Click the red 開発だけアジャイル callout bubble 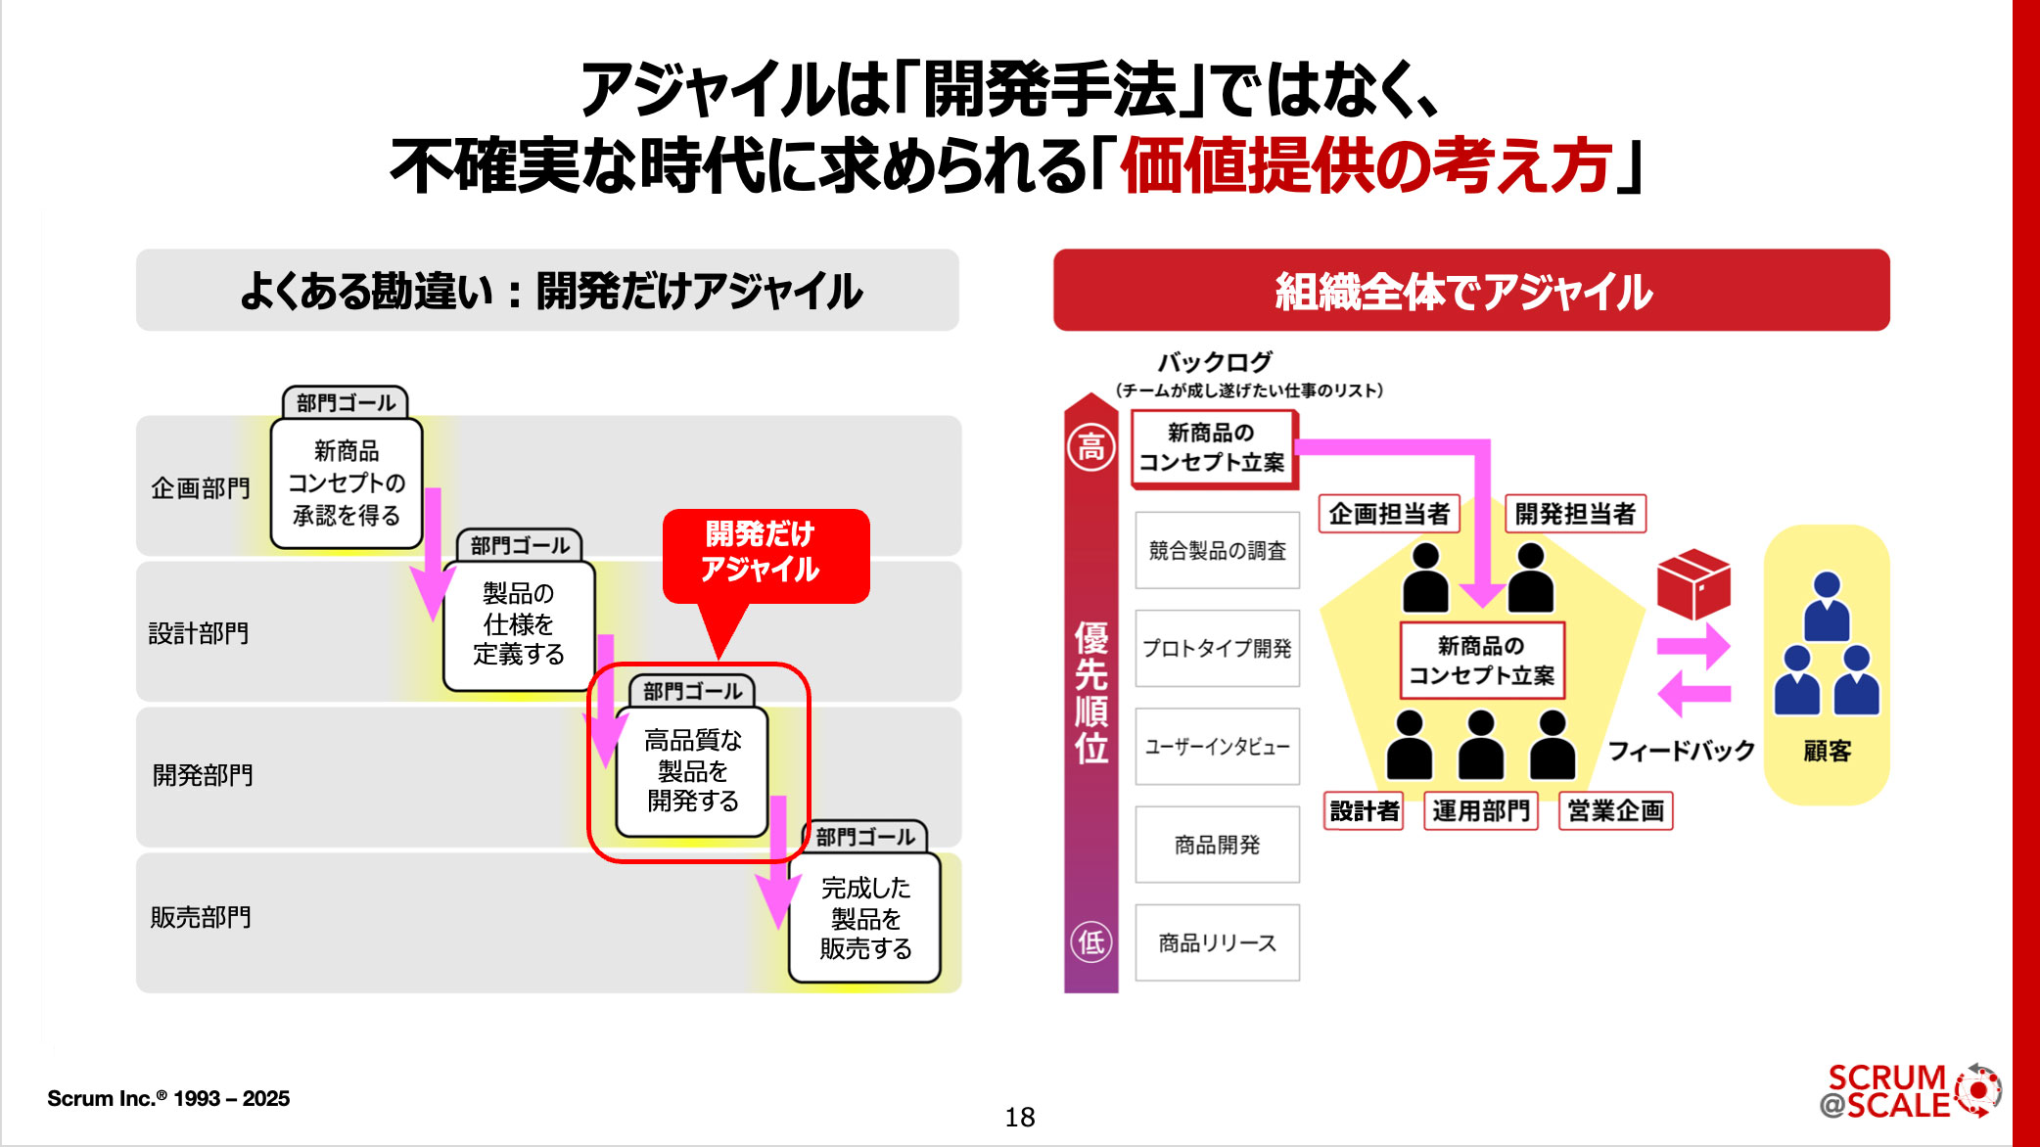(x=765, y=554)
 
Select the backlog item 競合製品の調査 (x=1217, y=550)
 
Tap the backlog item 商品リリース (x=1217, y=942)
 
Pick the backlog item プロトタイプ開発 (x=1217, y=648)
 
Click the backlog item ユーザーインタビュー (x=1217, y=747)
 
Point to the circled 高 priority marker (x=1090, y=448)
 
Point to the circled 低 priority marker (x=1090, y=941)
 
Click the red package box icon (x=1692, y=583)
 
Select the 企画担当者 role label (x=1388, y=514)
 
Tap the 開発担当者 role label (x=1574, y=514)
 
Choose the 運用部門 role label (x=1480, y=810)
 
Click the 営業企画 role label (x=1615, y=810)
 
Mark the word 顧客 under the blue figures (x=1827, y=751)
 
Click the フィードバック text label (x=1681, y=751)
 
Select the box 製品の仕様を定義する (x=519, y=624)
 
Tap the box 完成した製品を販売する (x=865, y=917)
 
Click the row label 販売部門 (x=201, y=917)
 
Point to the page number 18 (x=1019, y=1117)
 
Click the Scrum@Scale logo (x=1909, y=1091)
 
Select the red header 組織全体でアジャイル (x=1470, y=291)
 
